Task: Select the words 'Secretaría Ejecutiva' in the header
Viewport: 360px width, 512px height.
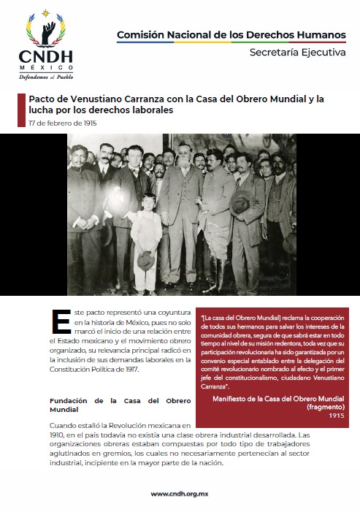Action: [x=297, y=53]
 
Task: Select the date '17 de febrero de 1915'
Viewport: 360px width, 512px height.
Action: [x=63, y=123]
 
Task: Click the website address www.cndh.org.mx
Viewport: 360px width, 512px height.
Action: [x=180, y=494]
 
